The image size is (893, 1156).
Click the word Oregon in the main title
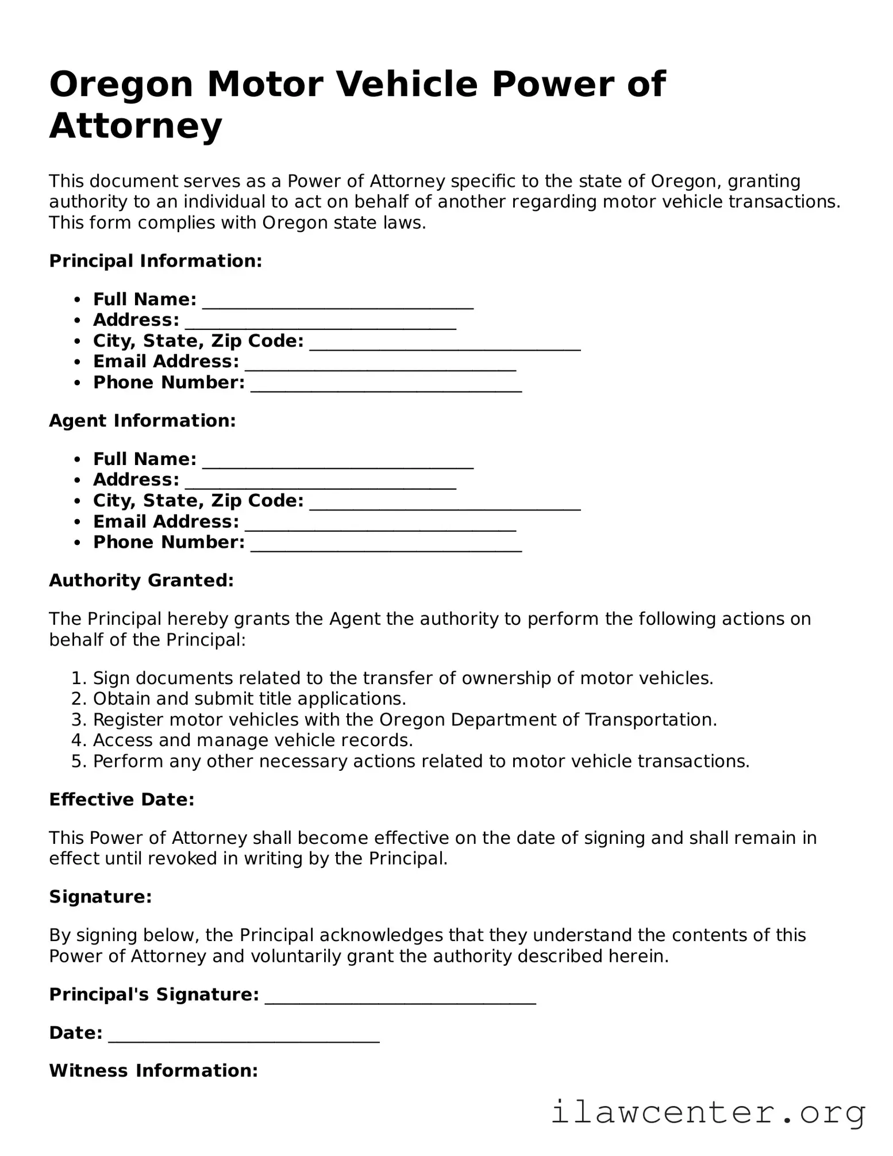pos(121,85)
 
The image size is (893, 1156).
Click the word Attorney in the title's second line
pos(136,126)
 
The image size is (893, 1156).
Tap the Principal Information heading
pos(156,261)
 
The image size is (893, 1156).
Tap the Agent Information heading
pos(143,421)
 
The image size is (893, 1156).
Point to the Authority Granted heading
pos(141,581)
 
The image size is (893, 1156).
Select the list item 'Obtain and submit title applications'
pos(249,699)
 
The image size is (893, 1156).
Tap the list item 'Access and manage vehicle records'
pos(253,740)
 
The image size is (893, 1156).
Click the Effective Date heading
pos(122,800)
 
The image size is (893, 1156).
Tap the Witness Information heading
pos(153,1071)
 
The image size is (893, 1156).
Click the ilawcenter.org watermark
pos(708,1112)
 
